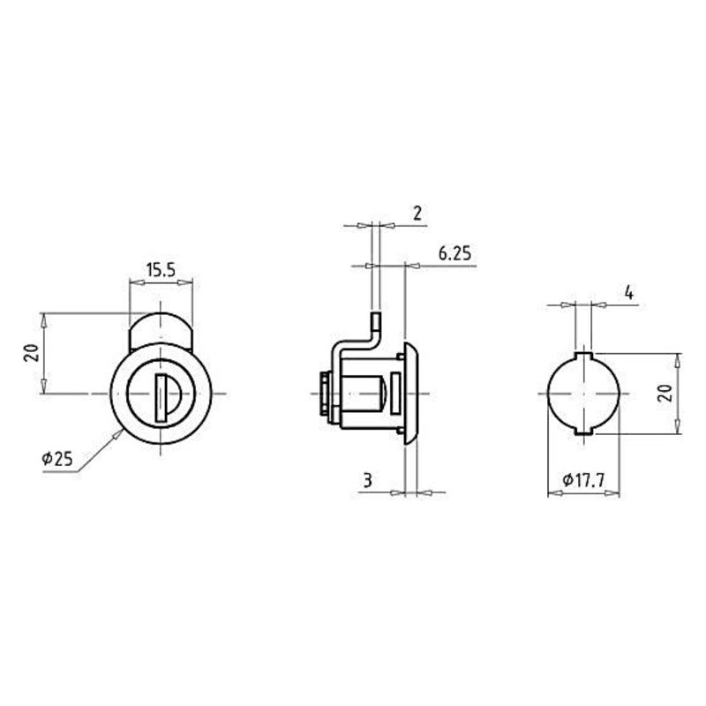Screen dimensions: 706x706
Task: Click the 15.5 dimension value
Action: (161, 270)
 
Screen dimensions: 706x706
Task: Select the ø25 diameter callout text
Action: (57, 459)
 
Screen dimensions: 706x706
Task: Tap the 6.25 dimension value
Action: (454, 253)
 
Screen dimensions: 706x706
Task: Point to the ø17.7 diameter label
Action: (583, 480)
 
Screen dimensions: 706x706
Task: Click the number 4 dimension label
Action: (629, 293)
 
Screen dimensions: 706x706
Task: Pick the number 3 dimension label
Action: (368, 480)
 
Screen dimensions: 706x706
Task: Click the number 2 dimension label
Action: (417, 213)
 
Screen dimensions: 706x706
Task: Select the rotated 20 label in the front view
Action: (32, 353)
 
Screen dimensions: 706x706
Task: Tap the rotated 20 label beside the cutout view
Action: (665, 394)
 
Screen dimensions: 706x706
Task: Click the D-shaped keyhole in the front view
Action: (167, 398)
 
